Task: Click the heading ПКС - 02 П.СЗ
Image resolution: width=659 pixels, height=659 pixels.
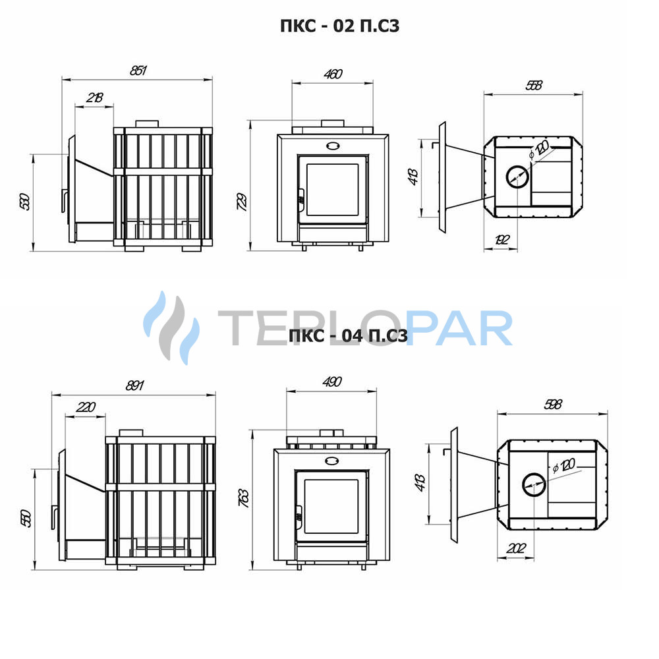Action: [x=339, y=26]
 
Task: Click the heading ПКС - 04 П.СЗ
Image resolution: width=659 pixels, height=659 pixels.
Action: [x=349, y=336]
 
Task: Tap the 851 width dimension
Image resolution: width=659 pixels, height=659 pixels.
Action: [x=138, y=71]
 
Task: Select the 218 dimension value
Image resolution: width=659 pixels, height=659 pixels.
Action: [x=94, y=98]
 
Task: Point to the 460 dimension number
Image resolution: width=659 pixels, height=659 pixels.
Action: [x=333, y=74]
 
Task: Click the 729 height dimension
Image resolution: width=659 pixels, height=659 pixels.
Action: [x=242, y=201]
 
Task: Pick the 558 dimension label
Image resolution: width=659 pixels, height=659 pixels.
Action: [x=534, y=85]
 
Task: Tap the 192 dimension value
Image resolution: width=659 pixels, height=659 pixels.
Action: [x=501, y=240]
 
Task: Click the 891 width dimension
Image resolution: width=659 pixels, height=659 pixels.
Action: [x=135, y=386]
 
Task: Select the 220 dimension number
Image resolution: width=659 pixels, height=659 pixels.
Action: [x=86, y=407]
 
